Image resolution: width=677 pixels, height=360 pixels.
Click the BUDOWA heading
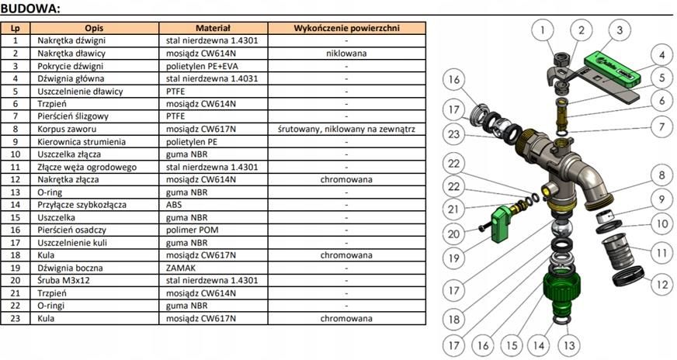(30, 9)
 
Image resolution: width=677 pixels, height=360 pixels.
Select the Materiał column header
(214, 28)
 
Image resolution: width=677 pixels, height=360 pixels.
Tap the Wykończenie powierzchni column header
(347, 28)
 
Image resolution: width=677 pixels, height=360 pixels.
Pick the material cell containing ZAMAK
(214, 268)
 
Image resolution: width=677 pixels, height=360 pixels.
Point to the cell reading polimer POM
(214, 230)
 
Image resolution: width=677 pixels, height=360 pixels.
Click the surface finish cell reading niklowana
(347, 53)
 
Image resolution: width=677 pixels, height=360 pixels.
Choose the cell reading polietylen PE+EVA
(214, 66)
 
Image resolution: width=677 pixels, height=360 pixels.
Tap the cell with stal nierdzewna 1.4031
(214, 78)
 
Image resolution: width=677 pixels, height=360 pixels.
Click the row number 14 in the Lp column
(15, 205)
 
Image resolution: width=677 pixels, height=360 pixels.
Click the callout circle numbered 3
(620, 29)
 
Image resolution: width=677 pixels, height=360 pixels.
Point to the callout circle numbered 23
(453, 133)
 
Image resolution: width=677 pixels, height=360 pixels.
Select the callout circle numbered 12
(662, 285)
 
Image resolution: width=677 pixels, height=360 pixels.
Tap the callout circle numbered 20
(453, 234)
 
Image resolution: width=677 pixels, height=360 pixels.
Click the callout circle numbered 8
(662, 175)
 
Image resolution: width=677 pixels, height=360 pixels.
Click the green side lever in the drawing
(502, 223)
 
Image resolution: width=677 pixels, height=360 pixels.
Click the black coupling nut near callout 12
(628, 276)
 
